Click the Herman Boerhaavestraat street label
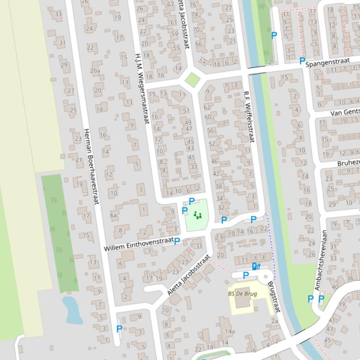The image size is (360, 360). (x=92, y=166)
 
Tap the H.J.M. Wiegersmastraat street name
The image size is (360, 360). (x=141, y=87)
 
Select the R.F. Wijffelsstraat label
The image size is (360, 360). (x=248, y=116)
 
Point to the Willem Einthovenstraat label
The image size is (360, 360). (x=139, y=244)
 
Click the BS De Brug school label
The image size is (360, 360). (x=242, y=294)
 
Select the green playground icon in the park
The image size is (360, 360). (x=197, y=215)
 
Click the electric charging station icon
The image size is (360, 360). (x=256, y=266)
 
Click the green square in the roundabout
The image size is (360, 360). (x=192, y=79)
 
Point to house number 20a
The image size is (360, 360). (x=95, y=71)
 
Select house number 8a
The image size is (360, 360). (x=113, y=215)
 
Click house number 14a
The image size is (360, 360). (x=229, y=331)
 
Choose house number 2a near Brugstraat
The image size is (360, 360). (x=274, y=321)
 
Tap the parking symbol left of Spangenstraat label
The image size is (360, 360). (x=302, y=61)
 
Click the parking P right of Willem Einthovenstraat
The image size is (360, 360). (x=177, y=241)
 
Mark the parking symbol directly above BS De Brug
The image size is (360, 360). (x=245, y=276)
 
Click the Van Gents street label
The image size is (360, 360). (x=345, y=113)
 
